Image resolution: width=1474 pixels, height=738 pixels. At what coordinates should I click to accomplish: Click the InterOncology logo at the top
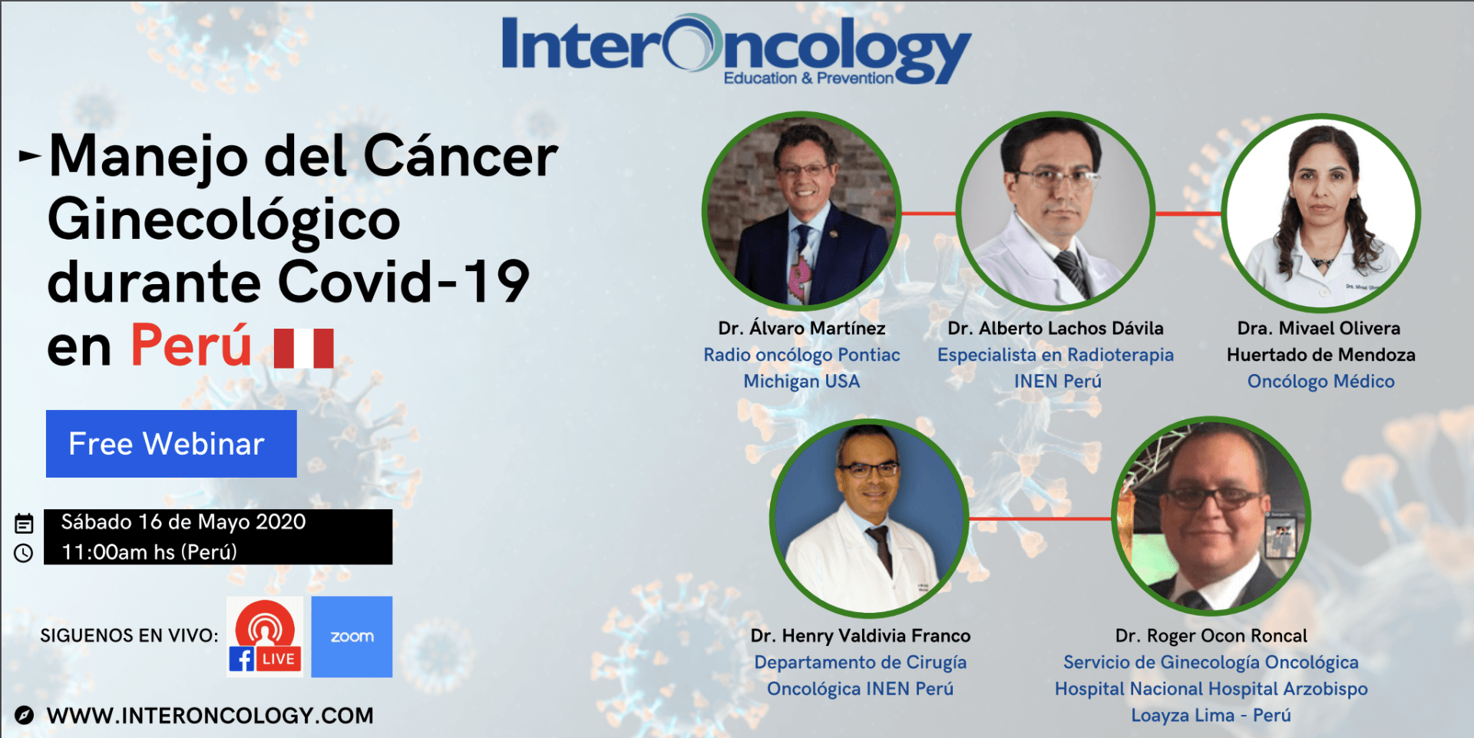tap(736, 48)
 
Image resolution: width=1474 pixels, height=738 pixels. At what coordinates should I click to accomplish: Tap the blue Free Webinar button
tap(171, 444)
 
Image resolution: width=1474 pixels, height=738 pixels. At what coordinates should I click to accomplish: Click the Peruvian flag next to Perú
tap(304, 348)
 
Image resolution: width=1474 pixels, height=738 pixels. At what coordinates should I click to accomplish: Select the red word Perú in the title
tap(191, 345)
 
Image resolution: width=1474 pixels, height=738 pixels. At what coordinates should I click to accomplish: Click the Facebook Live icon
tap(265, 637)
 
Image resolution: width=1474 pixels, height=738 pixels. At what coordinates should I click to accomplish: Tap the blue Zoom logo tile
tap(352, 637)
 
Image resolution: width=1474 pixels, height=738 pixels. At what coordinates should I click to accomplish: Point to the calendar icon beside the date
tap(24, 524)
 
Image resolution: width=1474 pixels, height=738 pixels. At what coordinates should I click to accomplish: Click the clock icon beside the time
tap(24, 553)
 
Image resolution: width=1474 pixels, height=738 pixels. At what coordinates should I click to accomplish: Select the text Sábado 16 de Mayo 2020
tap(183, 522)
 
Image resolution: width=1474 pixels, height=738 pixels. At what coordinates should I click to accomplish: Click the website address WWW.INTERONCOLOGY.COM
tap(210, 716)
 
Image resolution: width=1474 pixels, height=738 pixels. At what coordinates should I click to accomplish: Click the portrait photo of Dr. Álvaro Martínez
tap(801, 211)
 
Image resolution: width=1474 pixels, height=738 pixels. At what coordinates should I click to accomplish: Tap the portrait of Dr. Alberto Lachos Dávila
tap(1056, 211)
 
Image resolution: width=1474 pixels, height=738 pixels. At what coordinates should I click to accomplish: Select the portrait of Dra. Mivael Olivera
tap(1320, 213)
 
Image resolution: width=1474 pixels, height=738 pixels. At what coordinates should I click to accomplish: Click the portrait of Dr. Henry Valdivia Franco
tap(869, 518)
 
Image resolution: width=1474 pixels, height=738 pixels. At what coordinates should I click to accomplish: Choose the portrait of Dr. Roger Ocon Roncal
tap(1211, 517)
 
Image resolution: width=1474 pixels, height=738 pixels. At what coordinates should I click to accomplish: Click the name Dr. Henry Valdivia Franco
tap(861, 636)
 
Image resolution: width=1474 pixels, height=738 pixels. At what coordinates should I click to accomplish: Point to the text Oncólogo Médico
tap(1320, 381)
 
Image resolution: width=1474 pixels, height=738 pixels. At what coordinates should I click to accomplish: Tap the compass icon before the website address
tap(24, 715)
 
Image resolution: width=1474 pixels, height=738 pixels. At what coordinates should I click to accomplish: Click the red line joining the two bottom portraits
tap(1040, 519)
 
